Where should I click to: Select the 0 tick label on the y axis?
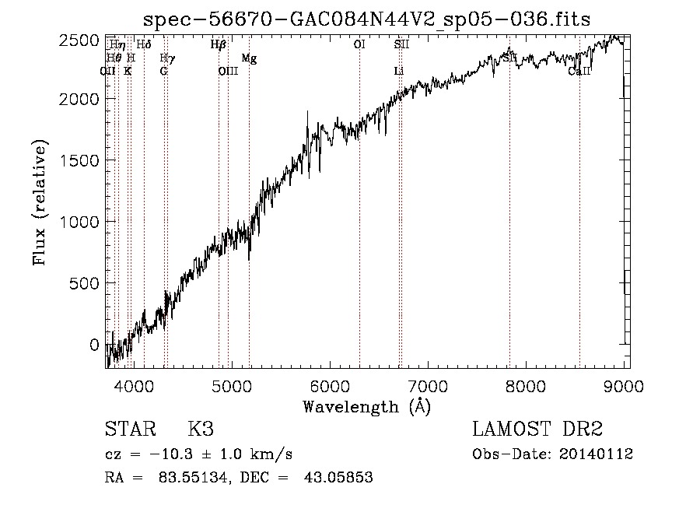point(94,345)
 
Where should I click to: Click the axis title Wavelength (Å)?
point(366,406)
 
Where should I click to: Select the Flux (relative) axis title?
point(40,202)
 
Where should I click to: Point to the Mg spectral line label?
point(248,58)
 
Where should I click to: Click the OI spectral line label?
point(359,45)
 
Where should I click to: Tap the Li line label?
point(399,72)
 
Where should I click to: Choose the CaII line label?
point(579,72)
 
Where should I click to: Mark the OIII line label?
point(228,72)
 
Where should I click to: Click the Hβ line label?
point(218,45)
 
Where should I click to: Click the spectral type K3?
point(201,430)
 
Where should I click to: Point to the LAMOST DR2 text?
point(537,430)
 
